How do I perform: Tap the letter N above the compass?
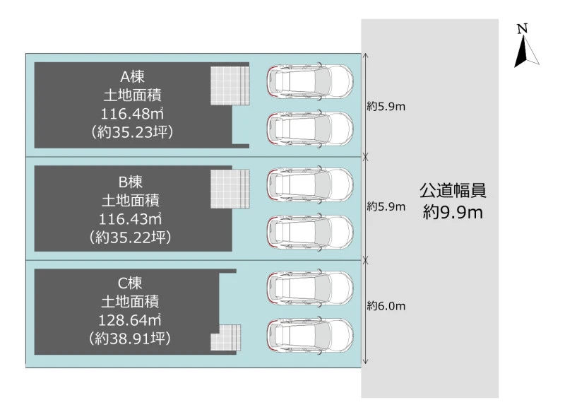click(x=522, y=28)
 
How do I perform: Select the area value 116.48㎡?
click(x=133, y=113)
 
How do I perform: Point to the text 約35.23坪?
click(x=133, y=131)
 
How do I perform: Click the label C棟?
click(x=131, y=283)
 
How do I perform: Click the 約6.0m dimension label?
click(x=386, y=307)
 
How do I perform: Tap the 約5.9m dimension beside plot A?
click(x=386, y=107)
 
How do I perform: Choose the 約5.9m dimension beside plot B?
click(x=386, y=207)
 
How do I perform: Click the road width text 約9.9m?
click(x=453, y=211)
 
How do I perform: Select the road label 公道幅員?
click(x=453, y=191)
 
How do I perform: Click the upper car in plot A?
click(x=309, y=81)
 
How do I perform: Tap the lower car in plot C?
click(x=309, y=336)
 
